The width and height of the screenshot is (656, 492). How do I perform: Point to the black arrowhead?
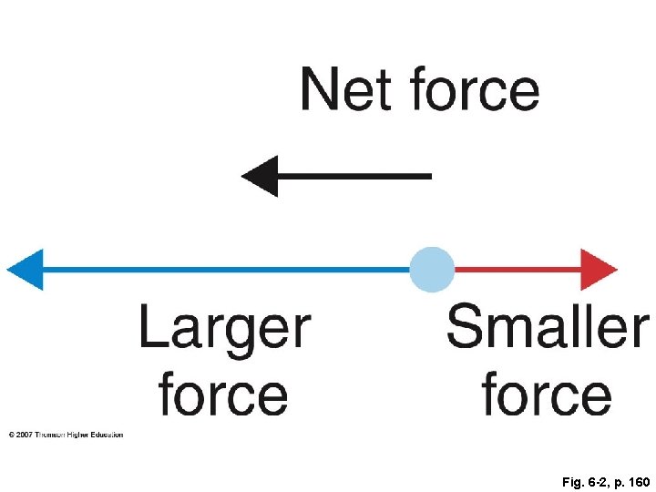[x=260, y=176]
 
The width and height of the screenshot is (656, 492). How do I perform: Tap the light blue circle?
[x=431, y=270]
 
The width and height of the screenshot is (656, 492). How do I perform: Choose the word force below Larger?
[x=223, y=394]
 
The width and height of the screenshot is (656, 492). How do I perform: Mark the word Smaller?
[x=548, y=328]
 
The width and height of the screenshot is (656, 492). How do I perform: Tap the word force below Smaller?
[x=546, y=394]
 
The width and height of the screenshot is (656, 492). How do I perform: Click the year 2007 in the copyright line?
[x=25, y=436]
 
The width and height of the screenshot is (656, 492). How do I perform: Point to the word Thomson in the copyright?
[x=53, y=436]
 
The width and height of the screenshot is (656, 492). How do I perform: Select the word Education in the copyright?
[x=106, y=436]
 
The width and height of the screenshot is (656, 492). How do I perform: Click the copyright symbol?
[x=11, y=436]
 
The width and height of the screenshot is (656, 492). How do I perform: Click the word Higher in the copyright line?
[x=79, y=436]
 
